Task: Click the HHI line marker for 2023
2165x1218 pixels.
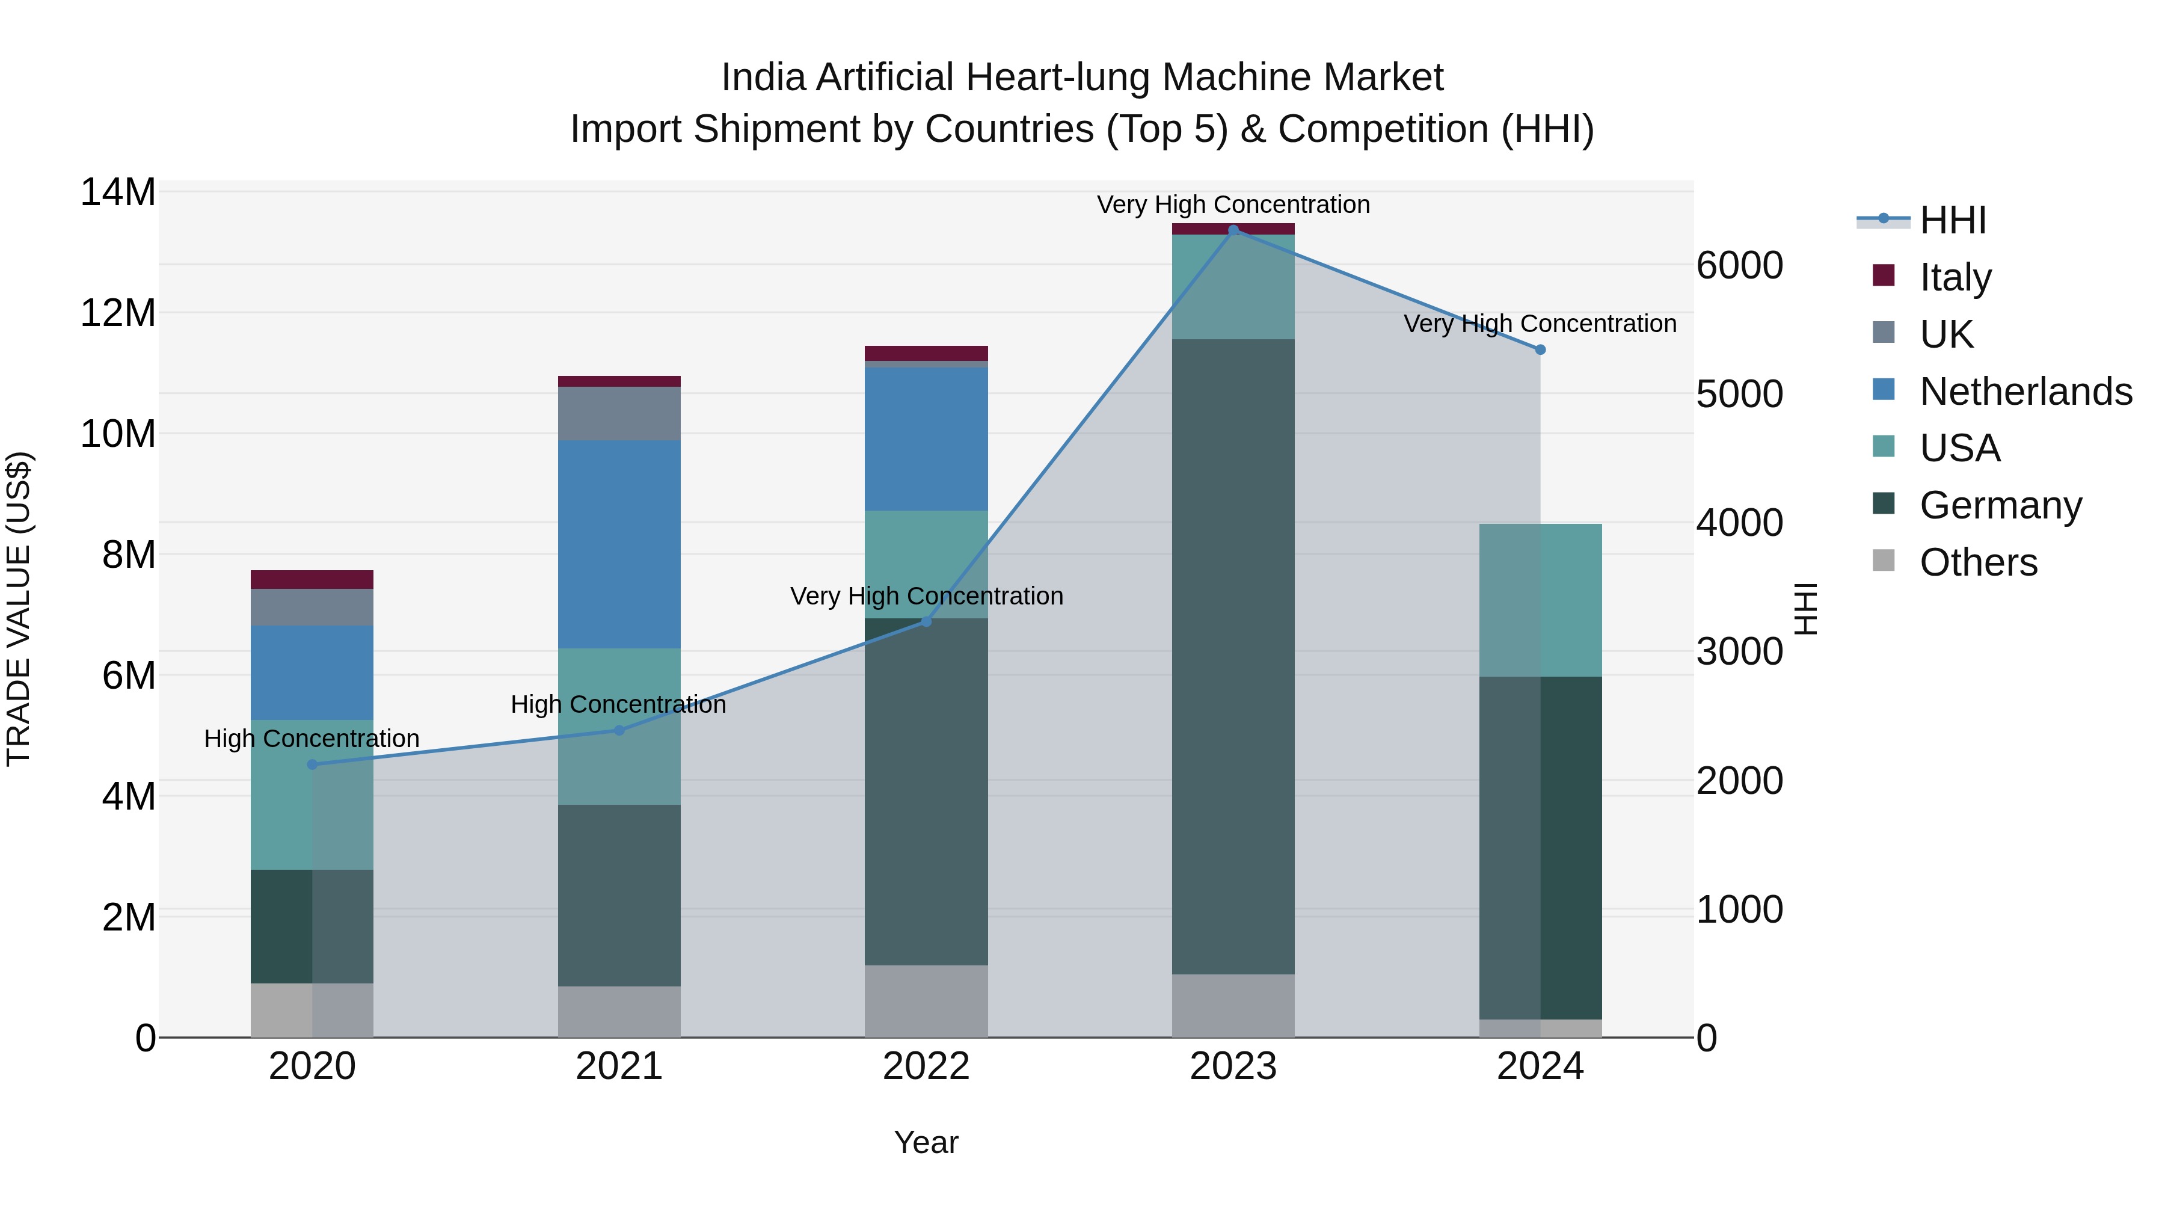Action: pyautogui.click(x=1233, y=230)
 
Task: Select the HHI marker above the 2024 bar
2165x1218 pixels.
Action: pyautogui.click(x=1540, y=349)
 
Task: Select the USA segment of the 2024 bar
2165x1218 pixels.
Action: pyautogui.click(x=1540, y=600)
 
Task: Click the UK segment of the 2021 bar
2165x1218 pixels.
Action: pyautogui.click(x=619, y=414)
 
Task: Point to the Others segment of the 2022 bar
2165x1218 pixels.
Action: pyautogui.click(x=926, y=1000)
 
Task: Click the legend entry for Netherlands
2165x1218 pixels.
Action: pyautogui.click(x=2025, y=392)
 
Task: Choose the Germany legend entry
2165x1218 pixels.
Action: pyautogui.click(x=2000, y=505)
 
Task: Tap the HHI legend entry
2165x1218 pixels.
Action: pyautogui.click(x=1952, y=220)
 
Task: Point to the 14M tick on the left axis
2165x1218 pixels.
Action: pyautogui.click(x=118, y=192)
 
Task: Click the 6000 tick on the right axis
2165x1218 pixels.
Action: pyautogui.click(x=1739, y=266)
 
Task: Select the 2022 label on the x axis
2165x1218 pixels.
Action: pyautogui.click(x=926, y=1066)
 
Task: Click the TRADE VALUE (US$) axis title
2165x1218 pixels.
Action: pyautogui.click(x=19, y=609)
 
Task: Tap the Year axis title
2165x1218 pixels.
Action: pyautogui.click(x=926, y=1142)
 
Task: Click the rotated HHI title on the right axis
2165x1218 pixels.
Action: pyautogui.click(x=1805, y=609)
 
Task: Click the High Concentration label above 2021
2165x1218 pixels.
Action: pyautogui.click(x=619, y=704)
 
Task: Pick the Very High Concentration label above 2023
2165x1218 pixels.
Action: pyautogui.click(x=1233, y=205)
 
